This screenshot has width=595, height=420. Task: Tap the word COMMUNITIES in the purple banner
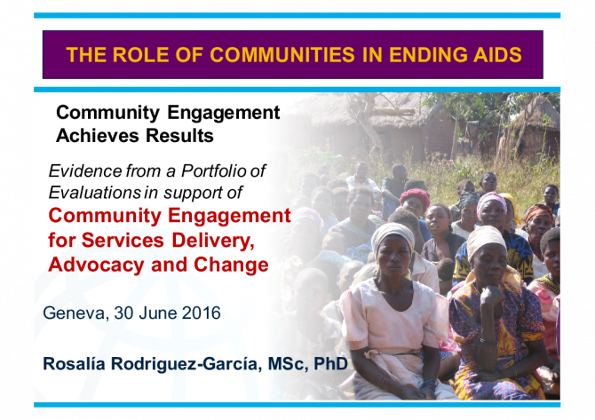click(x=282, y=55)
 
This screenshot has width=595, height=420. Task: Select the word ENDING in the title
click(x=428, y=55)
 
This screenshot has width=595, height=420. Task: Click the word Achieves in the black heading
click(x=98, y=136)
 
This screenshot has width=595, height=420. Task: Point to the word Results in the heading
click(x=179, y=136)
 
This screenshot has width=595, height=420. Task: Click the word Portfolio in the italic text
click(x=214, y=170)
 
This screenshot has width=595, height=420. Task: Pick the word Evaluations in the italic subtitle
click(x=95, y=193)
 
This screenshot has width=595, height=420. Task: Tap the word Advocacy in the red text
click(x=96, y=265)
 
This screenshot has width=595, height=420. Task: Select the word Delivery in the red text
click(x=213, y=240)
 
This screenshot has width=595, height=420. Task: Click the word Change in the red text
click(x=231, y=265)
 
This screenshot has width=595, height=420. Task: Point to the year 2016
click(x=201, y=313)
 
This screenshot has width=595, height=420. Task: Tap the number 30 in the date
click(x=123, y=313)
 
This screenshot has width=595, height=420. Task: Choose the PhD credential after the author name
click(x=330, y=363)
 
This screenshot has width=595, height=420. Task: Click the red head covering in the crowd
click(x=415, y=196)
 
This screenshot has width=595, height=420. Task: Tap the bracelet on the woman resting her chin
click(x=488, y=342)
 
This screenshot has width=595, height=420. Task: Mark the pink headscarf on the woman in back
click(x=491, y=201)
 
